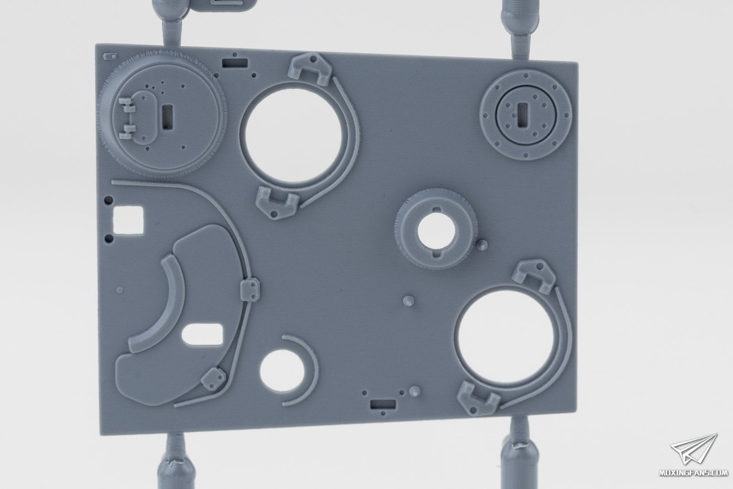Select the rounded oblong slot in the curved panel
pyautogui.click(x=202, y=334)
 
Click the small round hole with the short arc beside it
pyautogui.click(x=282, y=370)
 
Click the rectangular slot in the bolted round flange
pyautogui.click(x=522, y=113)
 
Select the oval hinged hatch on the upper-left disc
pyautogui.click(x=142, y=116)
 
